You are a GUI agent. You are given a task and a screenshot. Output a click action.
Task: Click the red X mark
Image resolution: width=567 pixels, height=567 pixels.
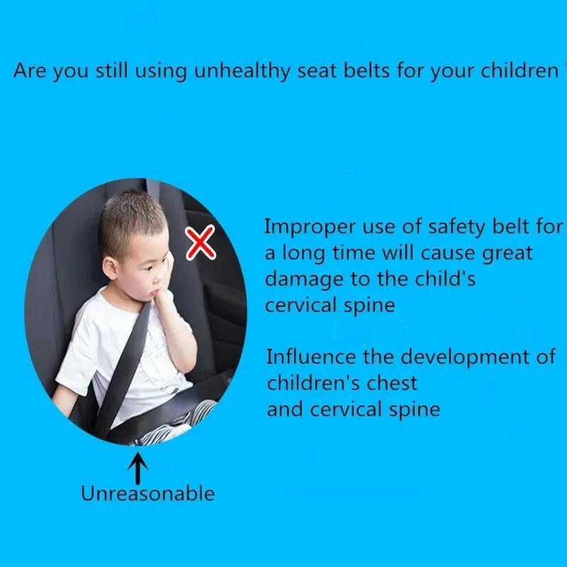(201, 242)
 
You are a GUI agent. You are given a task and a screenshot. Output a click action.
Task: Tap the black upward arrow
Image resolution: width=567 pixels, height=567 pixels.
(137, 468)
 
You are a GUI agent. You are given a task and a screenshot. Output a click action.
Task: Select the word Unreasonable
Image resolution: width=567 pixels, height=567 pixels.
(147, 493)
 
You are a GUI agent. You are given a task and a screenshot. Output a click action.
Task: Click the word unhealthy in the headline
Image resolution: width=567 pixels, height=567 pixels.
(242, 70)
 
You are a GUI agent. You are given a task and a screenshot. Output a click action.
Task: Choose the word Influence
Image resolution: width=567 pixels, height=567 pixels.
(311, 357)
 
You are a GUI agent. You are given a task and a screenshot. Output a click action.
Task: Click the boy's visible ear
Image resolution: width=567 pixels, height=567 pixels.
(110, 268)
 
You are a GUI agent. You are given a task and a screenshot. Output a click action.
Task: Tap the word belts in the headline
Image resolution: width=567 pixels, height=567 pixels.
(366, 70)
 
